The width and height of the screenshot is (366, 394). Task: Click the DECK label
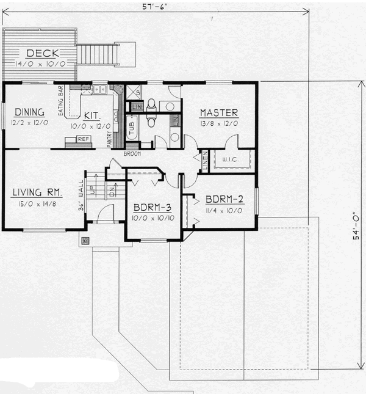[38, 53]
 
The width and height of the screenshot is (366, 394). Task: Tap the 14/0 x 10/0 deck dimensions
[38, 63]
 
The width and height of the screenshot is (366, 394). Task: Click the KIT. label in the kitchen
[93, 114]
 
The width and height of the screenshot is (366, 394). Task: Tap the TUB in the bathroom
[132, 128]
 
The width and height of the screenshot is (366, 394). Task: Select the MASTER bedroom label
[218, 112]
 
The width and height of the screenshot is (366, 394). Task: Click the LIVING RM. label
[37, 192]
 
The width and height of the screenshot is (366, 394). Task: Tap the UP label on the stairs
[93, 191]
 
